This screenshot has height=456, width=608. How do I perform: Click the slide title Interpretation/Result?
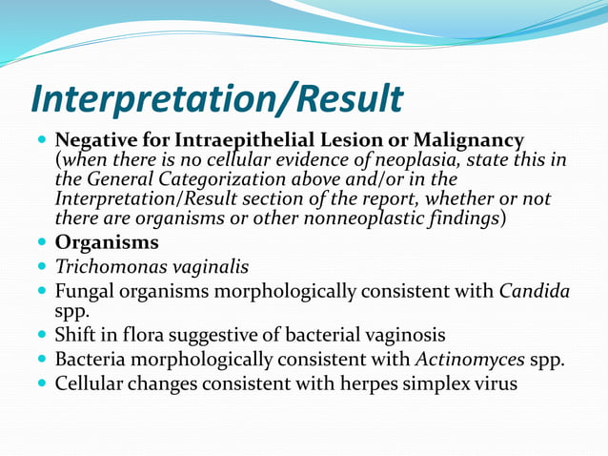tap(216, 99)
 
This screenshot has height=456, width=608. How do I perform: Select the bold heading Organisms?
tap(107, 242)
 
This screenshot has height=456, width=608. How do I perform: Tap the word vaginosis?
tap(401, 336)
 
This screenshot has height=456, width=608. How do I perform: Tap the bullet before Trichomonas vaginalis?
tap(40, 267)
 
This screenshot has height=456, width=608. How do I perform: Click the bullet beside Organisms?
tap(40, 243)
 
